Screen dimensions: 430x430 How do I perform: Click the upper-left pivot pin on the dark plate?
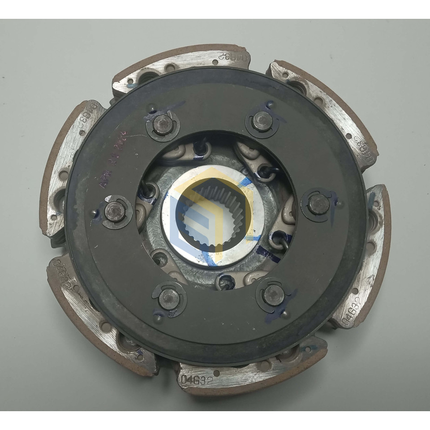coord(163,125)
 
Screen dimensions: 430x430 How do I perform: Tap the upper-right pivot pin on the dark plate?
coord(262,121)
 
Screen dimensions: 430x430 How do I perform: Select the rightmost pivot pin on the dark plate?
coord(318,204)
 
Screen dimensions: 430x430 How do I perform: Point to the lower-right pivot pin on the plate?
coord(274,295)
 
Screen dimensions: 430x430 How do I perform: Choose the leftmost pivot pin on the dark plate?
coord(114,211)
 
